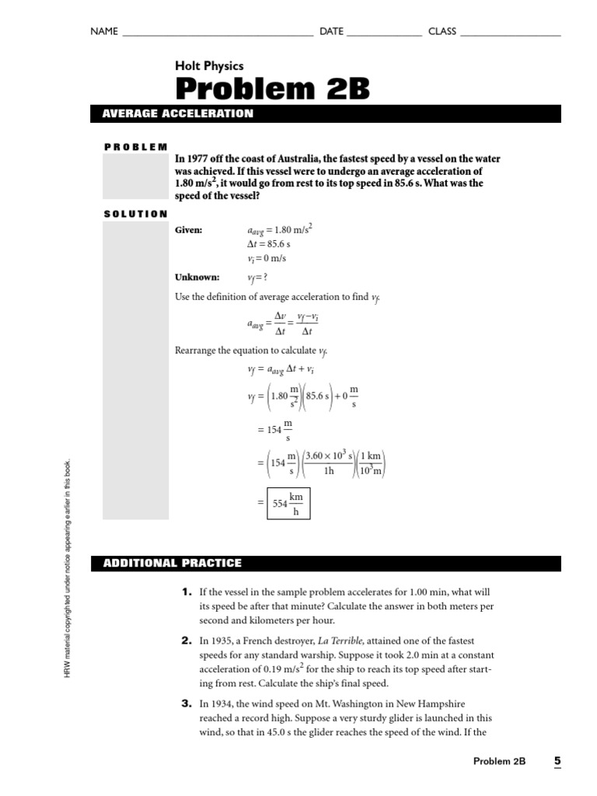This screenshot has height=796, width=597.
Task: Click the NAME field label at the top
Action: (104, 31)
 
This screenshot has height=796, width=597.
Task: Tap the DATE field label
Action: (331, 31)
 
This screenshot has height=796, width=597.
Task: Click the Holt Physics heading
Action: (209, 66)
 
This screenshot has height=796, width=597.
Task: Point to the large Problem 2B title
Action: (272, 89)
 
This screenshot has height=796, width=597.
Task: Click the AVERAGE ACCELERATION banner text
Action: (178, 113)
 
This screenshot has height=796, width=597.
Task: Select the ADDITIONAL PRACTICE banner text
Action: (172, 563)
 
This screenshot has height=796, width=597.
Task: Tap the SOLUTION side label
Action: (135, 214)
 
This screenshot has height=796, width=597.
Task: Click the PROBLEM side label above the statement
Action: (135, 146)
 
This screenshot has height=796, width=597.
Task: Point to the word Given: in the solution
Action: (189, 230)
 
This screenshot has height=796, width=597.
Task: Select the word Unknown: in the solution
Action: (197, 277)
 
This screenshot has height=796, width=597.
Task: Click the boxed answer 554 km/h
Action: (288, 504)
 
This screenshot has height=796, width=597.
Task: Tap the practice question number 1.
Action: (187, 592)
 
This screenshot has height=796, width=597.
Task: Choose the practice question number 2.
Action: (187, 641)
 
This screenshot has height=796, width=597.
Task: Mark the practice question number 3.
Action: (187, 703)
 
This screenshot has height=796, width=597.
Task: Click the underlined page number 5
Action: (557, 761)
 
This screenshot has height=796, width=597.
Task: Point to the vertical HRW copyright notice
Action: (68, 567)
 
